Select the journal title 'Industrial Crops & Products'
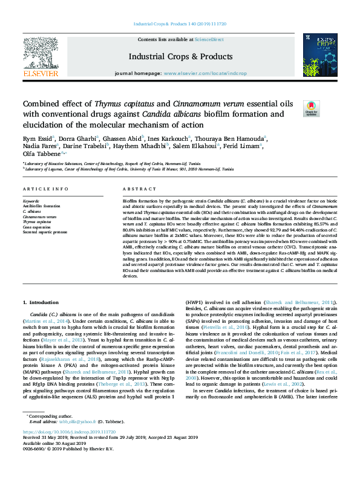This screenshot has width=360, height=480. click(180, 56)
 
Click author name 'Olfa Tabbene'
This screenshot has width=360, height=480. click(41, 154)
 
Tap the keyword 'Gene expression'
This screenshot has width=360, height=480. click(38, 227)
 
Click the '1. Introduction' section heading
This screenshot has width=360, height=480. click(41, 302)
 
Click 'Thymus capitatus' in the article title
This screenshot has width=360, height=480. click(127, 104)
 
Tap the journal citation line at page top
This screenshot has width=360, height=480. click(180, 24)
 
